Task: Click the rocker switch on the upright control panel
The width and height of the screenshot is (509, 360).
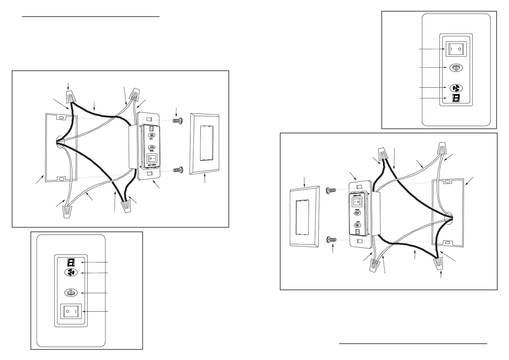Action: pos(455,49)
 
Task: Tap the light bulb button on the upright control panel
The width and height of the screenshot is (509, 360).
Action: pos(456,68)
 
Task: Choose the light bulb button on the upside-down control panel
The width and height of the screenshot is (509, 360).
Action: pos(71,293)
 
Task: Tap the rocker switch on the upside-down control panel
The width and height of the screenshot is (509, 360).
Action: pos(72,311)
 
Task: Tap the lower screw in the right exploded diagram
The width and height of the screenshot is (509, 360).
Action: pos(332,240)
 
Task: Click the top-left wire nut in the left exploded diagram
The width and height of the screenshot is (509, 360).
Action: pos(70,96)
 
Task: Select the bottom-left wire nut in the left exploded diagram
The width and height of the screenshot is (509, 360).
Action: pos(69,211)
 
